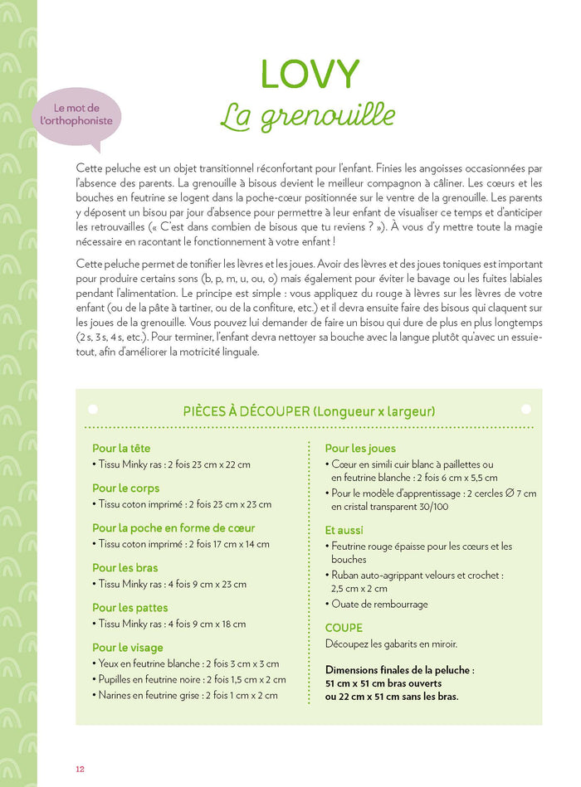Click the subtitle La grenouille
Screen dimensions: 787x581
coord(308,116)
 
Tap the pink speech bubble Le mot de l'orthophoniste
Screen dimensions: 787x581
coord(76,115)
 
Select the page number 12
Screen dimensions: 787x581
coord(81,769)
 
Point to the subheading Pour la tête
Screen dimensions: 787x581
coord(121,449)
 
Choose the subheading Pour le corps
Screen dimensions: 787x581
coord(125,488)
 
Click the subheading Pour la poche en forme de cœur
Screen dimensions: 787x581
coord(173,528)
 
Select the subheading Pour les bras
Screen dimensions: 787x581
coord(124,568)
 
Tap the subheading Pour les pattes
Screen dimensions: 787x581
coord(129,608)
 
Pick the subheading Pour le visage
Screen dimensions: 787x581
coord(128,648)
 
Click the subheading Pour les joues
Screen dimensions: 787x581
coord(360,449)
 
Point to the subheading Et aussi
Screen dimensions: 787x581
coord(344,530)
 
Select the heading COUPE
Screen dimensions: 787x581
coord(344,628)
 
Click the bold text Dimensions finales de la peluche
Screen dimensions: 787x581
coord(400,670)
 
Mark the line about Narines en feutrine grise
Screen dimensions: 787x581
coord(189,695)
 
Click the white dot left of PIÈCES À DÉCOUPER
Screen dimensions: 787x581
coord(92,409)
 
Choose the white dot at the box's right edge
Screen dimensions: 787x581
coord(525,409)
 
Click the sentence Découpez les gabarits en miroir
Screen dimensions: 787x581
coord(391,644)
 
